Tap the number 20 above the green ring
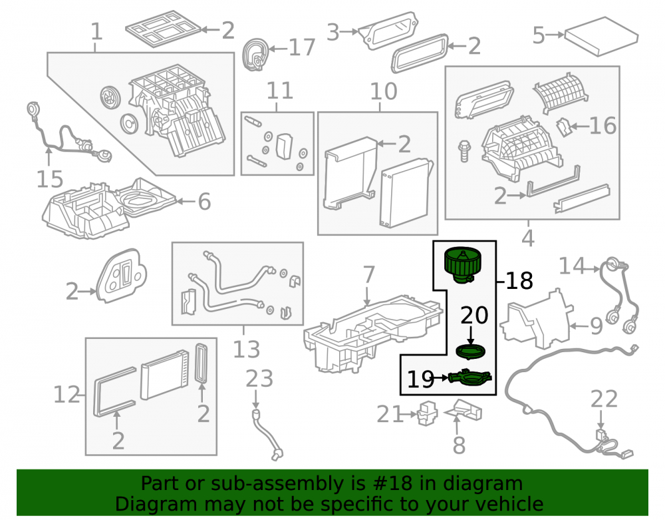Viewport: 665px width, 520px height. tap(474, 316)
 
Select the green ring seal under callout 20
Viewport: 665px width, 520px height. tap(470, 352)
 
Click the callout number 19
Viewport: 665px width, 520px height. tap(420, 379)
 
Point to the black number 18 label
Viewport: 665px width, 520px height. tap(519, 280)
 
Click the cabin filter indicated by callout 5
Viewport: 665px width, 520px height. tap(602, 36)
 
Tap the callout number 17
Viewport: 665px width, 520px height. tap(302, 47)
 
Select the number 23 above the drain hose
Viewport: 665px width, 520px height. tap(259, 379)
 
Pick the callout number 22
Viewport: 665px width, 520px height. tap(604, 399)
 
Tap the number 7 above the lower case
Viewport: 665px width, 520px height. tap(369, 274)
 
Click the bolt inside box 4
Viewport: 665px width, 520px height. tap(465, 151)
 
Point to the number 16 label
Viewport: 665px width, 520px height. tap(602, 126)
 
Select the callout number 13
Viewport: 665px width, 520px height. tap(247, 350)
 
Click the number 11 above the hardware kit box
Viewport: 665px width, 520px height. tap(280, 91)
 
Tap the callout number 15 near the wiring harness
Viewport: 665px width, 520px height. tap(50, 179)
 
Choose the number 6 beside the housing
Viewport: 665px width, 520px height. tap(204, 201)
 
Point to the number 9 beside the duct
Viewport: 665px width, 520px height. tap(597, 326)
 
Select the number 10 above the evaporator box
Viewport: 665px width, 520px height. tap(384, 91)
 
